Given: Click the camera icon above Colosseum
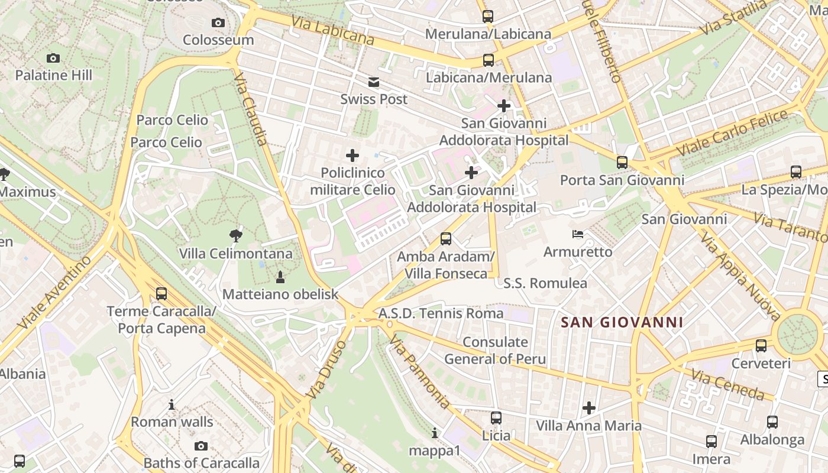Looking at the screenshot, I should tap(218, 22).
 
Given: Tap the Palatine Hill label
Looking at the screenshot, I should tap(54, 75).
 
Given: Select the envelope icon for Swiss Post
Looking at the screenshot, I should tap(374, 82).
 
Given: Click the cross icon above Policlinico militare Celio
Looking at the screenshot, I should tap(352, 155).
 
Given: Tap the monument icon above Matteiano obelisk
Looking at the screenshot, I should tap(280, 276).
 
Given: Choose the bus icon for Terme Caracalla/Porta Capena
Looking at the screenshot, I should tap(161, 293).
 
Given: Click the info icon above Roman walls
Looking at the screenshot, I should tap(172, 404).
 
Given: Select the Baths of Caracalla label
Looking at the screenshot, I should tap(202, 462).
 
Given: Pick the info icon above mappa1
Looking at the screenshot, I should tap(435, 433).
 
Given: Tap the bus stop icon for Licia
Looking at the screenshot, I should tap(496, 417).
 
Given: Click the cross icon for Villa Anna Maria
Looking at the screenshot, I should tap(588, 407).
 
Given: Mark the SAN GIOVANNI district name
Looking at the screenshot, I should tap(622, 322).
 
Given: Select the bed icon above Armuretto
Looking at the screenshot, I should tap(578, 234).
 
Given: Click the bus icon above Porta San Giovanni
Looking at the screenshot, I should tap(622, 162).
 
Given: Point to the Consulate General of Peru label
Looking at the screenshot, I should tap(495, 350).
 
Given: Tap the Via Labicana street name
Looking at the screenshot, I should tap(332, 30).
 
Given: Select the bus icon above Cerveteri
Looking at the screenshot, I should tap(761, 345).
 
